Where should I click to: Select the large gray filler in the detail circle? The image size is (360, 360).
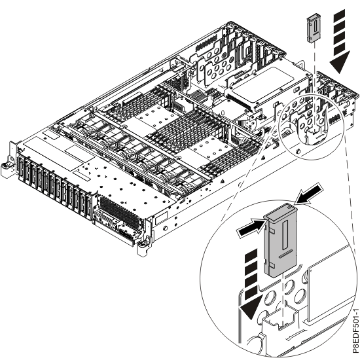click(280, 241)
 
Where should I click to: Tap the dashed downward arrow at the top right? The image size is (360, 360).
click(340, 41)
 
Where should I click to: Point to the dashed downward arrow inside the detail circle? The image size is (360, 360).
click(251, 284)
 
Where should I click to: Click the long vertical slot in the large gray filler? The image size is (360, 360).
click(285, 234)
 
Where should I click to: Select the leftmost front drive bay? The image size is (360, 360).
click(22, 168)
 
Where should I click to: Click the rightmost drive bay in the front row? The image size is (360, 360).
click(89, 206)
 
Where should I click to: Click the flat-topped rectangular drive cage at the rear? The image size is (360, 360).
click(268, 86)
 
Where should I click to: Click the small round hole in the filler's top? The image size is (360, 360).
click(290, 207)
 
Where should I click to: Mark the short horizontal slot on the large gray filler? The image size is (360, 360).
click(285, 255)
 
